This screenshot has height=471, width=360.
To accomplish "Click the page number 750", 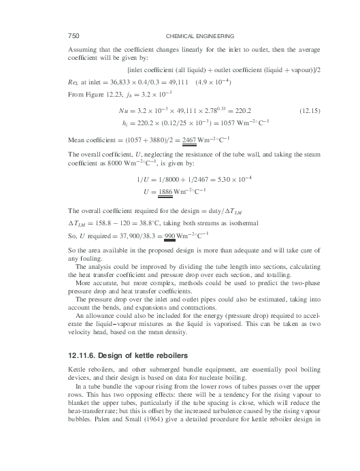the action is (75, 35).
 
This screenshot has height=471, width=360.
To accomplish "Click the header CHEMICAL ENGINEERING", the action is (200, 35).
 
